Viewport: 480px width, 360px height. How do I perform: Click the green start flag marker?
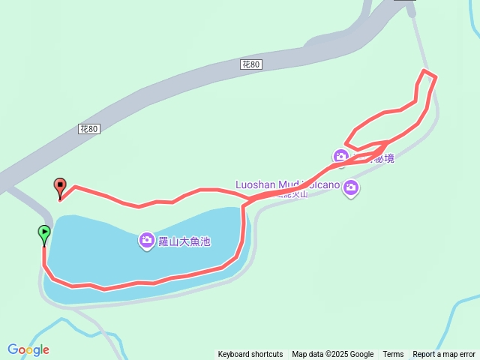tap(44, 234)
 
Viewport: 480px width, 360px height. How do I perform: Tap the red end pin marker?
tap(60, 187)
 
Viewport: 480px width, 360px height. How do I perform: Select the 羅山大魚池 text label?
tap(184, 241)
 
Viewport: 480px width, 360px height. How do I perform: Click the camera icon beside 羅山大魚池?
tap(147, 241)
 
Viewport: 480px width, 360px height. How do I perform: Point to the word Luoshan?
tap(256, 184)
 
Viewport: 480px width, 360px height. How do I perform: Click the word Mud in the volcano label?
tap(289, 184)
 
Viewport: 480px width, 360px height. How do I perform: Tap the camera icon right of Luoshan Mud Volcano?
tap(350, 188)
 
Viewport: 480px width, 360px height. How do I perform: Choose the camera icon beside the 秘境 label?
tap(341, 156)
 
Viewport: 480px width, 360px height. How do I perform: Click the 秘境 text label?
tap(384, 158)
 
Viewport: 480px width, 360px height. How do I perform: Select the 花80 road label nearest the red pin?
tap(88, 129)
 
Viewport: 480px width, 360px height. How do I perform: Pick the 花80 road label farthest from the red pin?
tap(251, 65)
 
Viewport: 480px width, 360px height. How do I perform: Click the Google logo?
tap(28, 349)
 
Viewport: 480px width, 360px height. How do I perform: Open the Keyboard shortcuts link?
tap(250, 354)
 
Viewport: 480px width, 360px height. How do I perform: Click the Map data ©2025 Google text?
tap(332, 354)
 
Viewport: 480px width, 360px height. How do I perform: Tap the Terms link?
tap(393, 354)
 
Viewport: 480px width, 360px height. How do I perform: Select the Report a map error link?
tap(444, 354)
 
